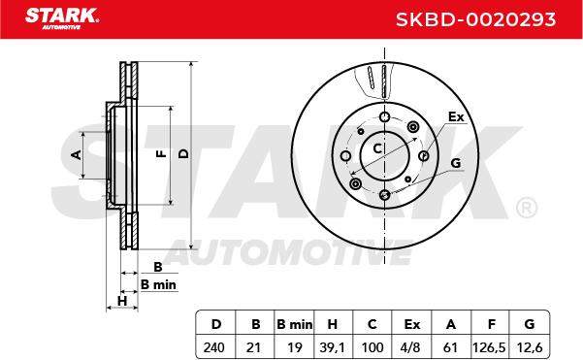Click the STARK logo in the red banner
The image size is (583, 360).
point(62,18)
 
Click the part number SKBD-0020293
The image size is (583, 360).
point(475,19)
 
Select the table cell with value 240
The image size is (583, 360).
point(214,347)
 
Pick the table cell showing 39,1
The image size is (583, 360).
point(332,347)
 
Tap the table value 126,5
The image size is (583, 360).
point(489,347)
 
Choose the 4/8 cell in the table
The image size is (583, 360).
point(411,347)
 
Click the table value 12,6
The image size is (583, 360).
point(530,347)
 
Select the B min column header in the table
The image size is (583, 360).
point(295,324)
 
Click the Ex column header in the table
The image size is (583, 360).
point(412,324)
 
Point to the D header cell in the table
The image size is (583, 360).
point(216,324)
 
